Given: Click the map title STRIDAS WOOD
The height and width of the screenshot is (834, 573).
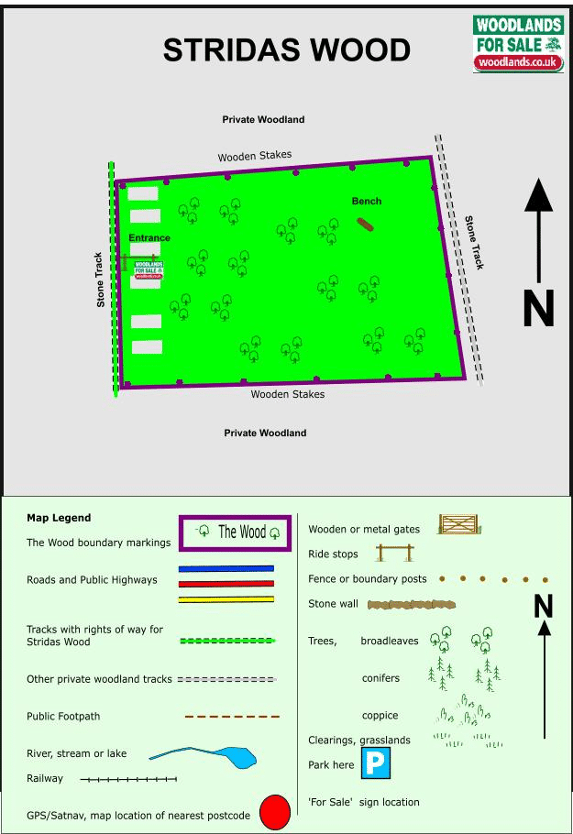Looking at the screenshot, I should point(286,50).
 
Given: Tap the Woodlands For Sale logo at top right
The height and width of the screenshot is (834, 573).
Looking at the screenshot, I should point(518,43).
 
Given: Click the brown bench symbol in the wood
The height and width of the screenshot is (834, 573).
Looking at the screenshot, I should point(367,224).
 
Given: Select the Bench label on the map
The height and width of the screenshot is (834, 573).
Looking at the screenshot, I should point(367,202).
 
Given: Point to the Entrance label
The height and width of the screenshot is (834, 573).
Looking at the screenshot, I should point(149,238).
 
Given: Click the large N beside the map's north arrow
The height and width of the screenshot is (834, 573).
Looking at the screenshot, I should point(538,309).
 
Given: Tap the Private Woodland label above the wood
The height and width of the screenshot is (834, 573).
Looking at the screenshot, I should point(263,120).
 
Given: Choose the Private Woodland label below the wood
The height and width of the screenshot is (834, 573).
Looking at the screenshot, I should point(265,433).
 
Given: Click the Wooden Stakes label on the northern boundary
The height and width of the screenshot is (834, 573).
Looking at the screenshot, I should point(255,157).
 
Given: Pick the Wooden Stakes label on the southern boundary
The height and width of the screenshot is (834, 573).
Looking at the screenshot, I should point(288,395).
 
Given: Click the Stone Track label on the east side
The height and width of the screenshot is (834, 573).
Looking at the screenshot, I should point(474,242).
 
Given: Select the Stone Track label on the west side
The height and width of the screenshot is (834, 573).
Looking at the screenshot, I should point(100,280).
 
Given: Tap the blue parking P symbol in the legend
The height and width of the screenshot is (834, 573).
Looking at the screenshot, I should point(374,763).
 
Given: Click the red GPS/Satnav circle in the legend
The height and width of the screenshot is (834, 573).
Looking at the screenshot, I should point(274,812).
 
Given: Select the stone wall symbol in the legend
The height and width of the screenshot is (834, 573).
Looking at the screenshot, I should point(412,605).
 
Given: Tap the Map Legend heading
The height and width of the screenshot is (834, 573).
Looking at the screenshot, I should point(59,518).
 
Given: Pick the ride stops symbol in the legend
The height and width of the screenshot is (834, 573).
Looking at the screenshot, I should point(395,553).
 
